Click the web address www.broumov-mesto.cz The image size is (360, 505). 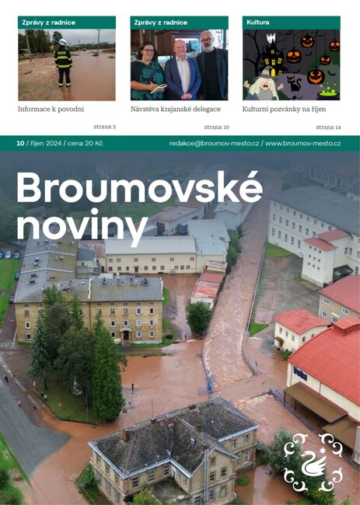309,144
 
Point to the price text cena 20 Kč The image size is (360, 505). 88,144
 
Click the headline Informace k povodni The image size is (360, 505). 51,110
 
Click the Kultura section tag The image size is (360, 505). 258,23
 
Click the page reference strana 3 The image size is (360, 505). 103,127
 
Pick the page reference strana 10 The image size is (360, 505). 217,127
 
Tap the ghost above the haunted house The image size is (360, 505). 271,38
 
